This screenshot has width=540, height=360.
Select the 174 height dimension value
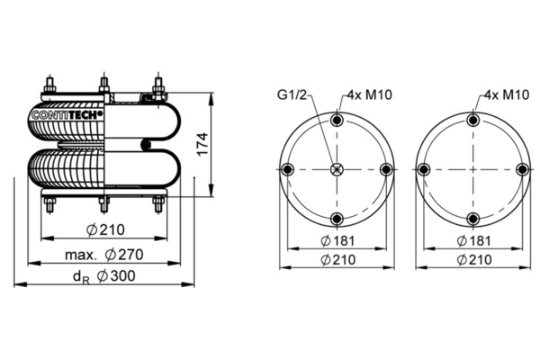point(202,144)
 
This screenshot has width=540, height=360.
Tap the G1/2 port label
point(292,94)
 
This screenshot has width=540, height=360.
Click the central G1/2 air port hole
point(337,169)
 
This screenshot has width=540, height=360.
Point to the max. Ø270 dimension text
point(104,255)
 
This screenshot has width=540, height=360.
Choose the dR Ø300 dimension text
point(104,276)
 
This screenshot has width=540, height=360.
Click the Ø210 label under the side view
point(105,229)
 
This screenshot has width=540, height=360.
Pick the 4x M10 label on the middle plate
point(369,94)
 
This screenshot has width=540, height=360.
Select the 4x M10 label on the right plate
point(507,94)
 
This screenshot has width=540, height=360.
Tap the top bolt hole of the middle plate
point(337,121)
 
